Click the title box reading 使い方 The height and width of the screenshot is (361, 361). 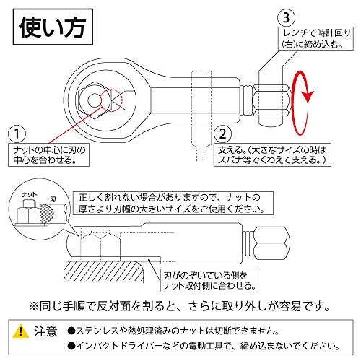click(53, 27)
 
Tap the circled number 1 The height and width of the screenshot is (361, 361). click(17, 134)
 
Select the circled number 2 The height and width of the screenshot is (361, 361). click(222, 134)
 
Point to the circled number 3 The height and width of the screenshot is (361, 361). click(286, 17)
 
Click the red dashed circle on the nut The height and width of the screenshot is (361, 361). click(111, 100)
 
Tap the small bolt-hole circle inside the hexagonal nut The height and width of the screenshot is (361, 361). click(94, 100)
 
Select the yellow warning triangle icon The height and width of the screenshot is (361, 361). click(21, 331)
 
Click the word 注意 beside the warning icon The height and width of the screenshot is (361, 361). click(45, 331)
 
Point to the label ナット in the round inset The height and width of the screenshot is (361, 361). click(30, 195)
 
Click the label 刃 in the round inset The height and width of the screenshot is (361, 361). click(53, 199)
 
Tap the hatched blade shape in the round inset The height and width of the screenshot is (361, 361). click(46, 213)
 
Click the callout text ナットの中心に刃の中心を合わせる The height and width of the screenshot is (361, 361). click(49, 155)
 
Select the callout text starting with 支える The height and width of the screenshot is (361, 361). click(272, 155)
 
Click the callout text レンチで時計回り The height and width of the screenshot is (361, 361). click(316, 38)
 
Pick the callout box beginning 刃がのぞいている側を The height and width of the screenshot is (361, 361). click(209, 281)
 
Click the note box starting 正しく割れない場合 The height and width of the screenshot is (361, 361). click(173, 203)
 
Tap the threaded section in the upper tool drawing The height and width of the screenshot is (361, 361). click(247, 100)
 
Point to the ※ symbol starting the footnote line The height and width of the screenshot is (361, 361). click(34, 306)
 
